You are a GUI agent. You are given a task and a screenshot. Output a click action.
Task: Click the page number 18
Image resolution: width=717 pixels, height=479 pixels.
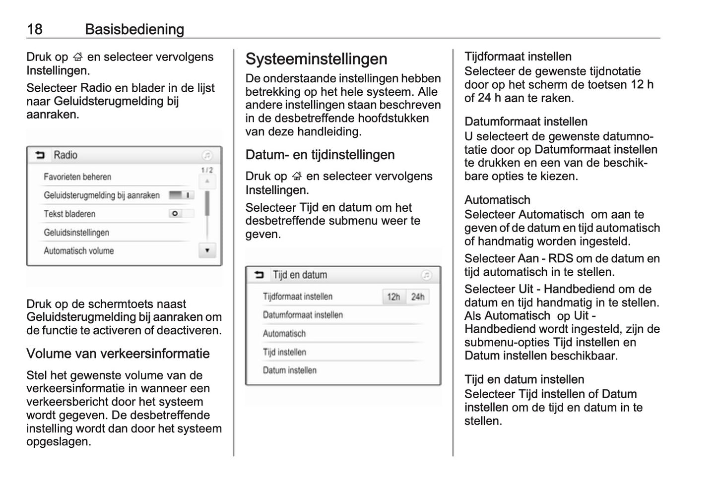pyautogui.click(x=35, y=29)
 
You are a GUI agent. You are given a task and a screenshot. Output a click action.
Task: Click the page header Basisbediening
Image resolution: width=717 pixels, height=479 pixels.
pyautogui.click(x=134, y=29)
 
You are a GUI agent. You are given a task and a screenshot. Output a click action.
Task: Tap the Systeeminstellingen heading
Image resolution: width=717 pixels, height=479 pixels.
pyautogui.click(x=316, y=59)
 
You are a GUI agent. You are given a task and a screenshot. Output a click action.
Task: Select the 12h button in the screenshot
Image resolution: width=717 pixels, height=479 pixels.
pyautogui.click(x=393, y=297)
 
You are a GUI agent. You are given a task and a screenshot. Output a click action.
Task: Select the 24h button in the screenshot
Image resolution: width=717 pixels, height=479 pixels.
pyautogui.click(x=418, y=297)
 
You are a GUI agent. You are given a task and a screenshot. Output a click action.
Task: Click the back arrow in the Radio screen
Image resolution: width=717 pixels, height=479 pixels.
pyautogui.click(x=40, y=156)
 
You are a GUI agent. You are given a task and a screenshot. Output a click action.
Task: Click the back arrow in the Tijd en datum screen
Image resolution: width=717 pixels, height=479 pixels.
pyautogui.click(x=260, y=275)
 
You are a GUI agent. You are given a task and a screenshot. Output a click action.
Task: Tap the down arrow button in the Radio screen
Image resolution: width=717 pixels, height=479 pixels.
pyautogui.click(x=207, y=250)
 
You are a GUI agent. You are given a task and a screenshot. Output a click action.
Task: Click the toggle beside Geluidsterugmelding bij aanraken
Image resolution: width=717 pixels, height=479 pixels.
pyautogui.click(x=181, y=195)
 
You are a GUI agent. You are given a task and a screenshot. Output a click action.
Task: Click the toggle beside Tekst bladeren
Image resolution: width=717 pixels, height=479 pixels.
pyautogui.click(x=181, y=214)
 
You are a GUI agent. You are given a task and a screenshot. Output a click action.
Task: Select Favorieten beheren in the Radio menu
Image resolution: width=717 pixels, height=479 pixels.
pyautogui.click(x=77, y=177)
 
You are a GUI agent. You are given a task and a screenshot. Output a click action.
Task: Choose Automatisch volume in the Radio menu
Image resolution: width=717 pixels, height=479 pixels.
pyautogui.click(x=79, y=251)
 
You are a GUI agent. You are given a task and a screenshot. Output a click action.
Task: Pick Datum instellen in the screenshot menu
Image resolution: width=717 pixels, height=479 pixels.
pyautogui.click(x=290, y=370)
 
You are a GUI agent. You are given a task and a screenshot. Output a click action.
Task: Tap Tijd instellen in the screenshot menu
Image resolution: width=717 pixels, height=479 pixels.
pyautogui.click(x=284, y=352)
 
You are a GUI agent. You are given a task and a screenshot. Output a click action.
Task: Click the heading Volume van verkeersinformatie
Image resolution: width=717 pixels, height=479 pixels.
pyautogui.click(x=118, y=354)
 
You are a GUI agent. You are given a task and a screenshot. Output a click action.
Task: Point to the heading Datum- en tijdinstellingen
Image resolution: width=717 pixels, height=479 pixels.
pyautogui.click(x=320, y=155)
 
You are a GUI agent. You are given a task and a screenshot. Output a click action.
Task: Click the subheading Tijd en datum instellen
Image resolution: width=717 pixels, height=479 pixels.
pyautogui.click(x=524, y=379)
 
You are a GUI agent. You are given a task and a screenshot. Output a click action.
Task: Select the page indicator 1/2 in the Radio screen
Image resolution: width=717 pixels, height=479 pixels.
pyautogui.click(x=207, y=170)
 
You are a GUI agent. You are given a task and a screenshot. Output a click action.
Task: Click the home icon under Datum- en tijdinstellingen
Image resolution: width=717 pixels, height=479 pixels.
pyautogui.click(x=297, y=177)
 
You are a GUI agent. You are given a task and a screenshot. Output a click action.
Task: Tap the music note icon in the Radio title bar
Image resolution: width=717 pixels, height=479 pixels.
pyautogui.click(x=207, y=156)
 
